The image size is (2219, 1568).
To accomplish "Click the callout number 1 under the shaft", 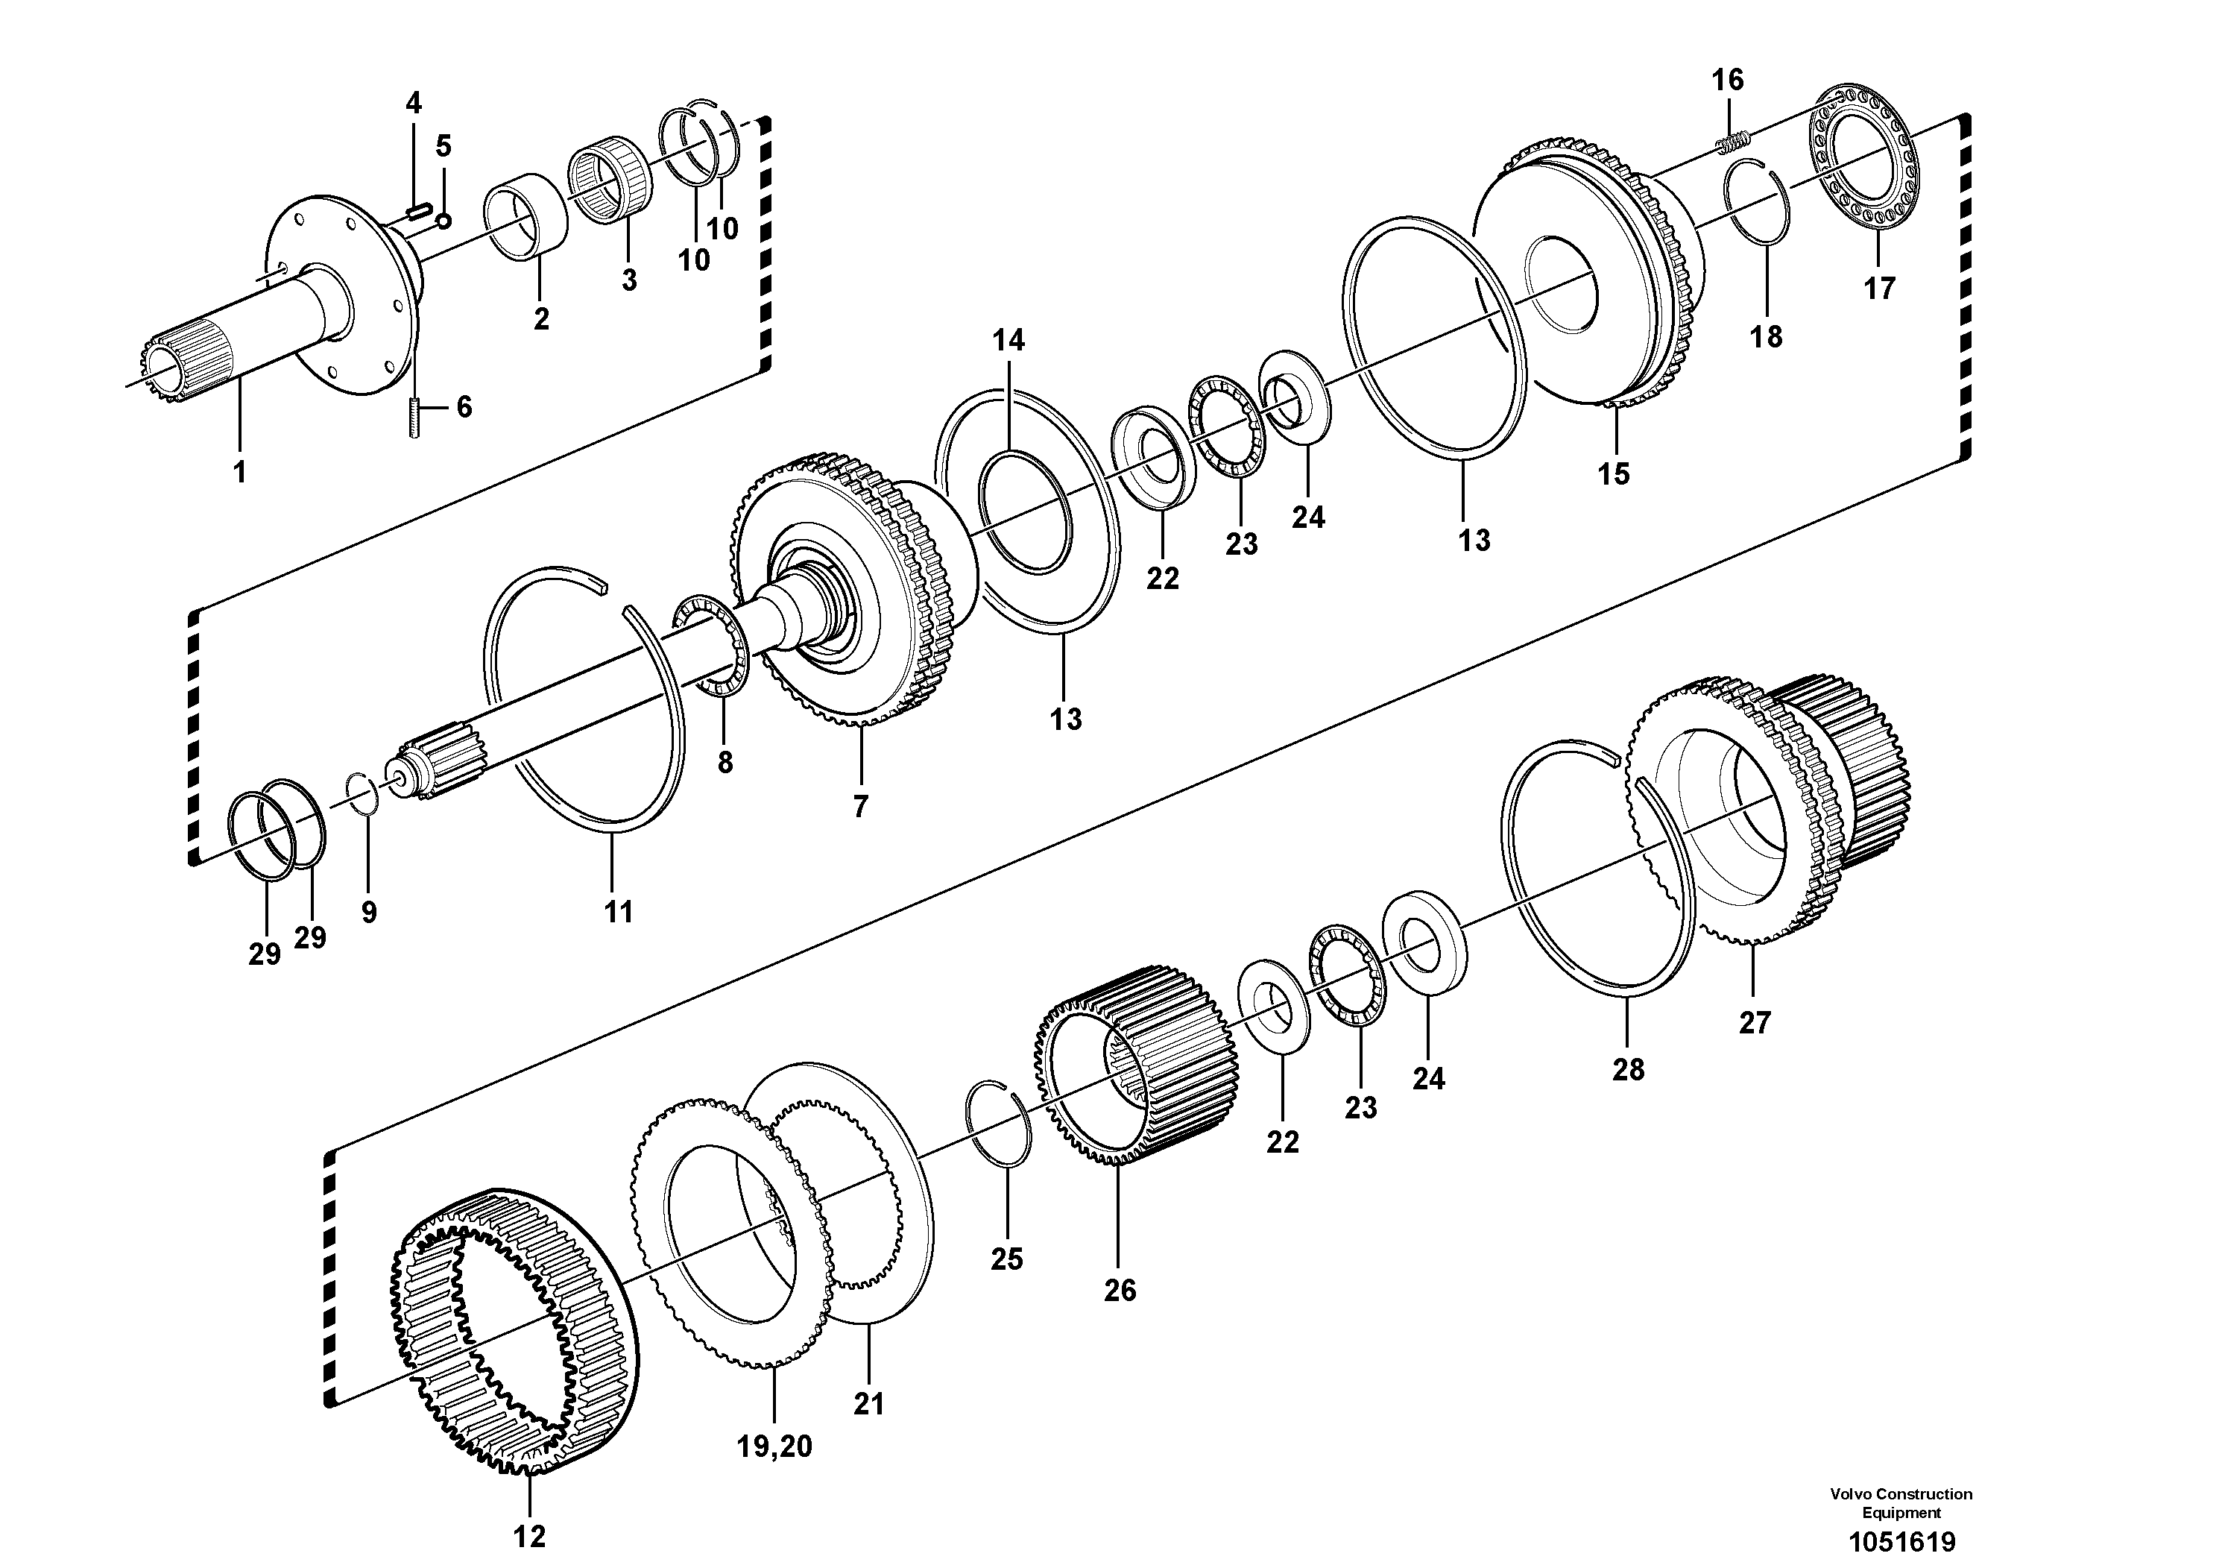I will point(239,472).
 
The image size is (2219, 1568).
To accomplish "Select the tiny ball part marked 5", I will point(443,221).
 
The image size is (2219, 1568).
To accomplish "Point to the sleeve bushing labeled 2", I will point(528,218).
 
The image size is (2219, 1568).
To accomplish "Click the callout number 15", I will point(1613,473).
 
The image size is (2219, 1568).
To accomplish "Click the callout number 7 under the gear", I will point(860,805).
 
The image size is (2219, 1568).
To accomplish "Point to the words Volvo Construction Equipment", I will point(1901,1503).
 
